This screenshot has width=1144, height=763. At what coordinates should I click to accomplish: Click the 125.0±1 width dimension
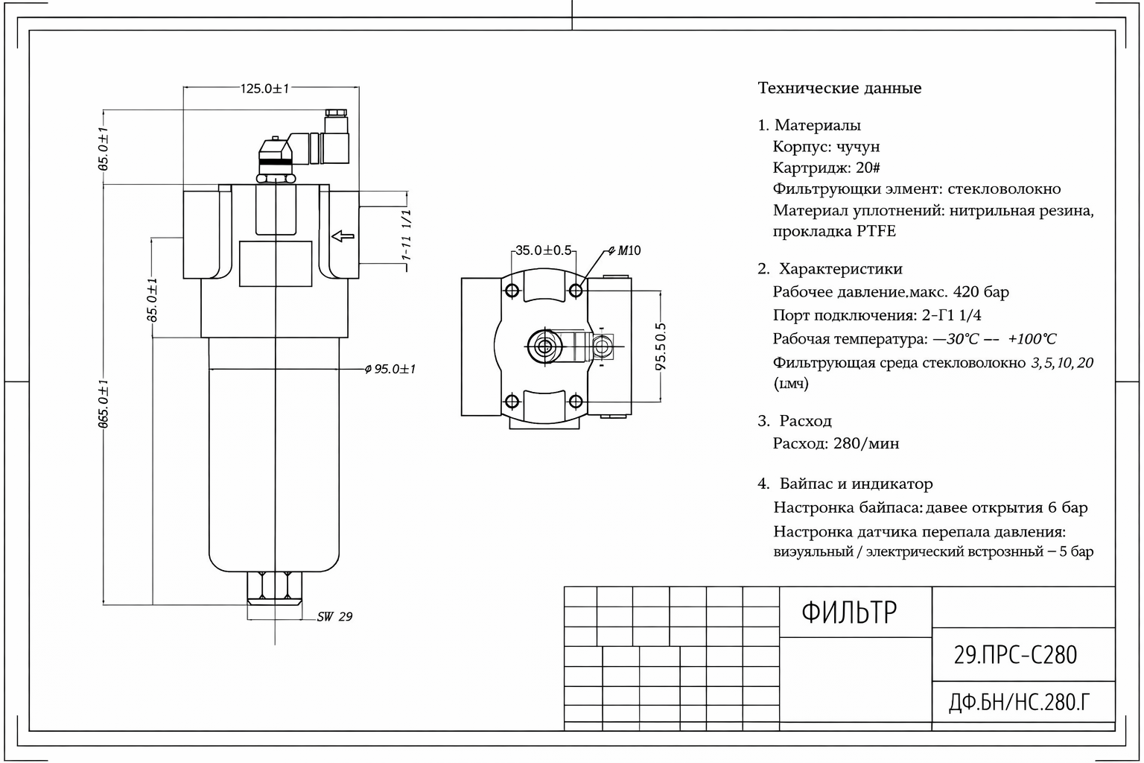(264, 89)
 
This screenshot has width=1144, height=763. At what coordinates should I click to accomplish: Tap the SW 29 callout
(334, 617)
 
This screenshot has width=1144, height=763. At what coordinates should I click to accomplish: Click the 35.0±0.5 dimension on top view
(544, 250)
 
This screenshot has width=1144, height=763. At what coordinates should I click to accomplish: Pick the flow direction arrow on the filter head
(343, 236)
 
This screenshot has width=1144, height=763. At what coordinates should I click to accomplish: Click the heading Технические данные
(839, 88)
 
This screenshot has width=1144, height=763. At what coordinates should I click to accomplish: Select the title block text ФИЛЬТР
(849, 612)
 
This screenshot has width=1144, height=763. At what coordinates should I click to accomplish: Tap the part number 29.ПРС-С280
(1015, 655)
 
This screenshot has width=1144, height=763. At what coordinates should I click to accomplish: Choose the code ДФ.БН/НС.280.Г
(1020, 702)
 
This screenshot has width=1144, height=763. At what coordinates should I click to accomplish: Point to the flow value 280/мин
(866, 443)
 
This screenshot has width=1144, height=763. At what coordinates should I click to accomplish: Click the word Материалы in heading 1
(817, 125)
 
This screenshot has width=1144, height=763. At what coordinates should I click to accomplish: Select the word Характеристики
(840, 269)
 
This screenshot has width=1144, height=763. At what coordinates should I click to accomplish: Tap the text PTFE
(876, 231)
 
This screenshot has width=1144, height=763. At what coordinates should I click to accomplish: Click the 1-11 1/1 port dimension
(407, 234)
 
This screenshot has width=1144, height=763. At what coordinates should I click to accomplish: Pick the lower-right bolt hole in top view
(576, 402)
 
